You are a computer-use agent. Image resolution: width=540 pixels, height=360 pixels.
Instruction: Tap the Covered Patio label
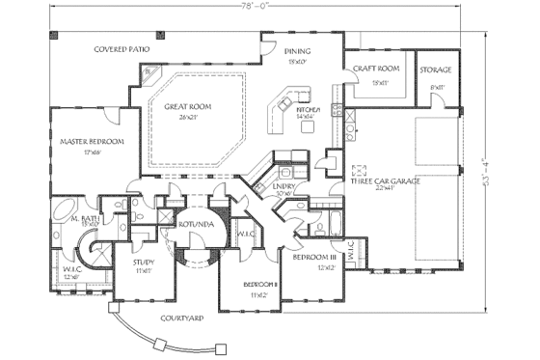(x=120, y=47)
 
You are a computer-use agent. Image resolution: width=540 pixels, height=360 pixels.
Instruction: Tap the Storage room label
(x=436, y=70)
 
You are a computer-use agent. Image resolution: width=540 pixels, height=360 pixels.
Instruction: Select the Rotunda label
(x=192, y=223)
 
